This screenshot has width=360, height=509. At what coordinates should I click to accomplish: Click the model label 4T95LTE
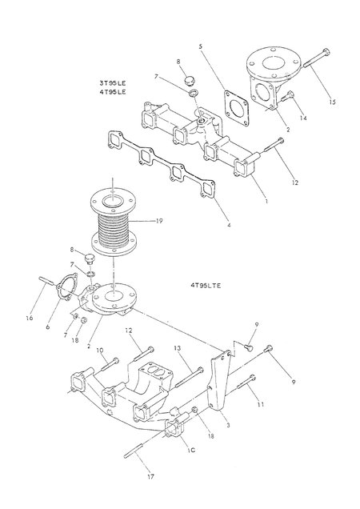point(206,286)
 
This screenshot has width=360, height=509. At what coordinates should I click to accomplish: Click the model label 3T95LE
point(113,83)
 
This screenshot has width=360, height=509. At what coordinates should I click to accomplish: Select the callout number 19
point(159,221)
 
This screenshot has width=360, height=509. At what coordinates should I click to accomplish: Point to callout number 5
point(200,46)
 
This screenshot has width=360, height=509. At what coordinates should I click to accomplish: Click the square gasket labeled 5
point(236,108)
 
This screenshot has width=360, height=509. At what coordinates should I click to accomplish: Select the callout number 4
point(229,225)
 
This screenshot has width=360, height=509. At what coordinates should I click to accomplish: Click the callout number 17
point(150,476)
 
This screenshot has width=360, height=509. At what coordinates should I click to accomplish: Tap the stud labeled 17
point(134,451)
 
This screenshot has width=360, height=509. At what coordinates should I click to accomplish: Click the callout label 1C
point(191,450)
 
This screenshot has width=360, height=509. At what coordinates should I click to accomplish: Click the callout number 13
point(177,348)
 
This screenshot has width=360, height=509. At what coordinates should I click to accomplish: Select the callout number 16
point(30,319)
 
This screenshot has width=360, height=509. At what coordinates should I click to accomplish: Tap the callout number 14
point(303,118)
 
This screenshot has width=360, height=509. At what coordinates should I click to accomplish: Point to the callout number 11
point(260,404)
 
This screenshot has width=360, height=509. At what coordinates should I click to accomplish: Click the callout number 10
point(100,351)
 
